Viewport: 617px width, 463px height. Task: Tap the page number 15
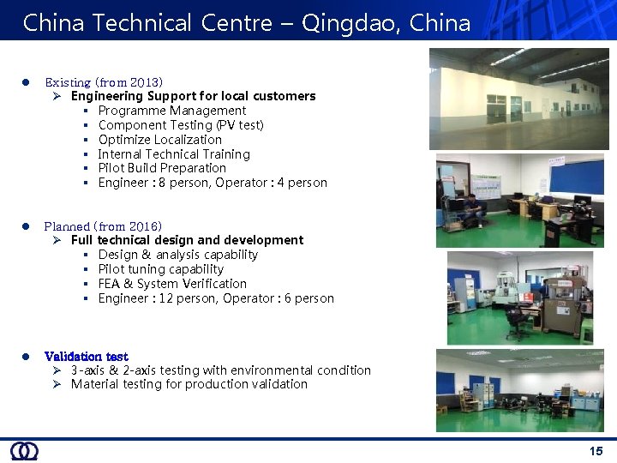[596, 451]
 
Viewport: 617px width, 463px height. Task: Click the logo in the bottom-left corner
[24, 451]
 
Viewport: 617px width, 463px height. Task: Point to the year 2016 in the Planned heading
[142, 226]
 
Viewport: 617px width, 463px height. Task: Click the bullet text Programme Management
[171, 111]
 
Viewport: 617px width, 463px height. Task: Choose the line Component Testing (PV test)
[181, 125]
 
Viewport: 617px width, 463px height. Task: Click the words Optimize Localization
[159, 140]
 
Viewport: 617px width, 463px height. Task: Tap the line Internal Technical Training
[174, 154]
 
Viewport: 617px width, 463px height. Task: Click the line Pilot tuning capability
[160, 269]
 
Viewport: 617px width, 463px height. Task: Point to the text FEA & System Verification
[172, 284]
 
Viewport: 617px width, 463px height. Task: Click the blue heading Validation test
[86, 356]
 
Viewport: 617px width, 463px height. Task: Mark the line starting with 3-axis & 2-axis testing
[220, 370]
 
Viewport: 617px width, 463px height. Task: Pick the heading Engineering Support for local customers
[193, 96]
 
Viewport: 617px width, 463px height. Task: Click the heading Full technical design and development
[187, 240]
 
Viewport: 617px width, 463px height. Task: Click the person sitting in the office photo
[471, 208]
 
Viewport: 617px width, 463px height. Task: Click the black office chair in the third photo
[517, 322]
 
